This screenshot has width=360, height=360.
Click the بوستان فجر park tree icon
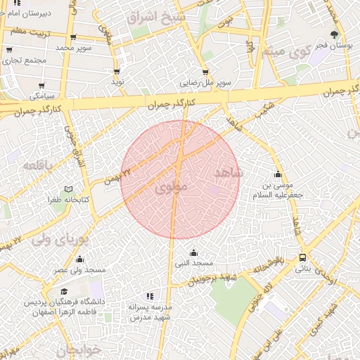(x=334, y=34)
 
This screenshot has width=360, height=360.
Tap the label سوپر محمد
(x=75, y=47)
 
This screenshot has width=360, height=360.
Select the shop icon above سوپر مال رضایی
(x=205, y=72)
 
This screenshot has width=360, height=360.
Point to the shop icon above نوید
(x=116, y=71)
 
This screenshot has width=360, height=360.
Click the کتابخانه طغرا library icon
(x=68, y=189)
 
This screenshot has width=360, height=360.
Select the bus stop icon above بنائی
(x=302, y=257)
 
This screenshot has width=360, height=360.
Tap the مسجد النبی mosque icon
(x=193, y=253)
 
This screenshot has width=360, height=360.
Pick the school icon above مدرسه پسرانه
(x=149, y=297)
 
